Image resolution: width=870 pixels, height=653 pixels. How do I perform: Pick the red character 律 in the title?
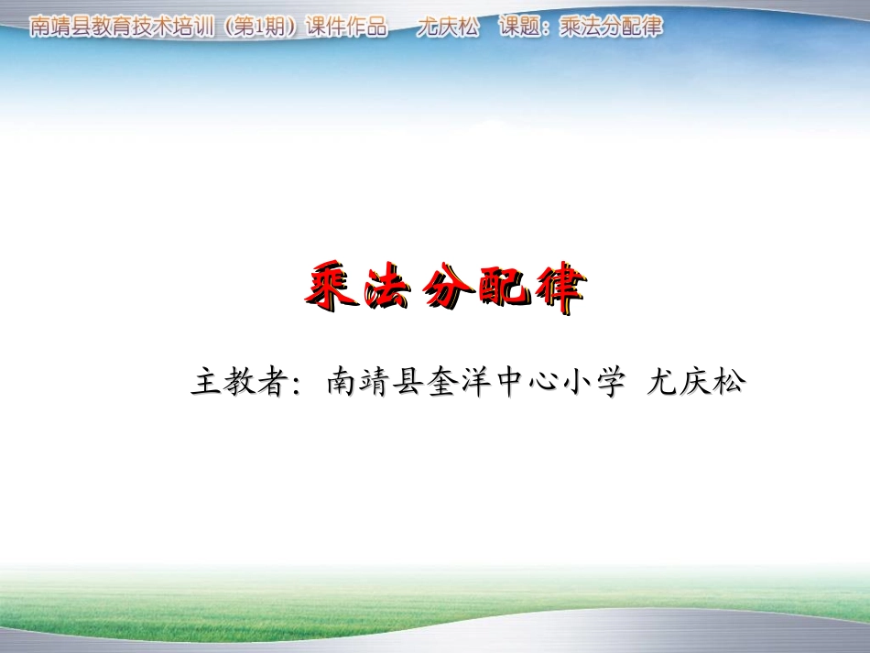tap(556, 288)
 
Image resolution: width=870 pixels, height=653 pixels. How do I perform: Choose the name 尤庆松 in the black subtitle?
tap(696, 382)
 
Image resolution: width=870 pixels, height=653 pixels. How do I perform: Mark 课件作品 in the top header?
tap(348, 27)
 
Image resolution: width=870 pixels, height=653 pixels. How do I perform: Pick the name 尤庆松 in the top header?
tap(447, 27)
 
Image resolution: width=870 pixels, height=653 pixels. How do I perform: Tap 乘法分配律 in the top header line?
tap(610, 27)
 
